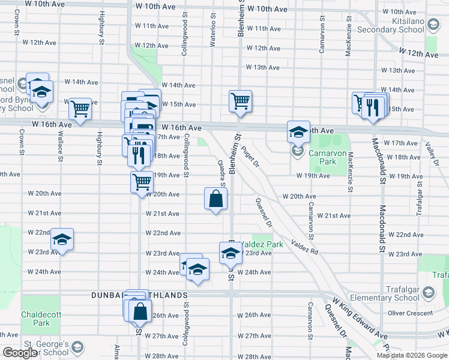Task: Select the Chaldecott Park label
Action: [38, 319]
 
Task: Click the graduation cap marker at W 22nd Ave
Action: [62, 239]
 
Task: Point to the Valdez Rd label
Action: [304, 247]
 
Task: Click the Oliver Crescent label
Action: [411, 313]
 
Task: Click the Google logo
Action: [20, 353]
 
